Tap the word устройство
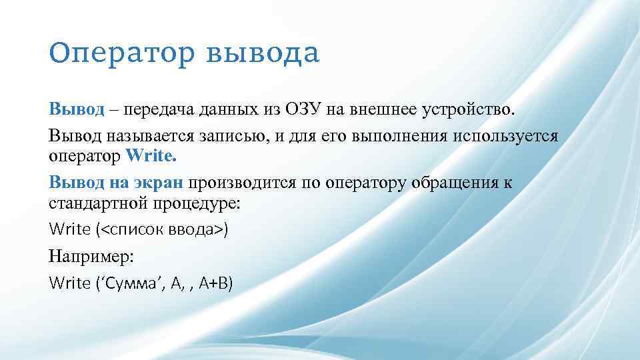(478, 109)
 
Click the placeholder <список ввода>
(163, 229)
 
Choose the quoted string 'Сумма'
(127, 283)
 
